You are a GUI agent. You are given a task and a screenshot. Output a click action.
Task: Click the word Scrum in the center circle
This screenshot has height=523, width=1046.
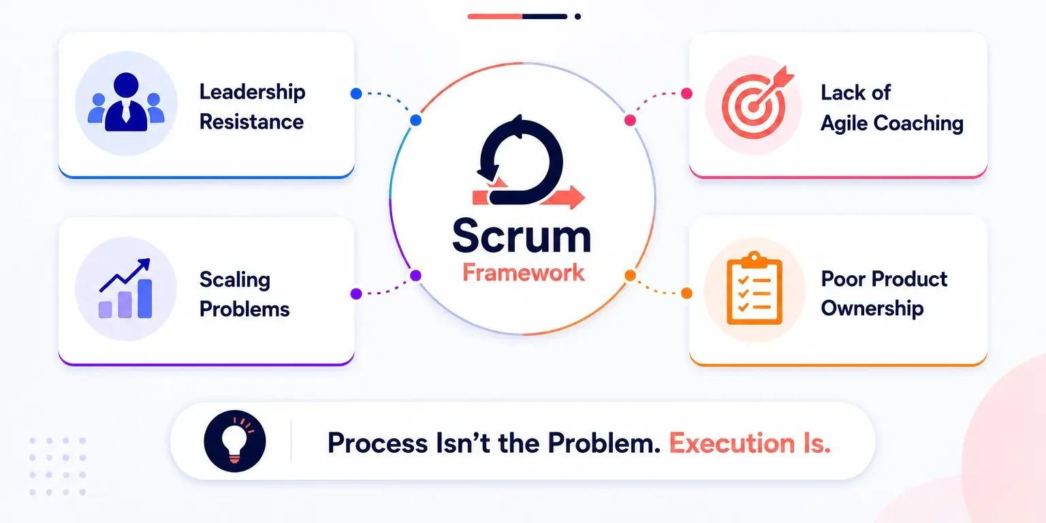click(522, 236)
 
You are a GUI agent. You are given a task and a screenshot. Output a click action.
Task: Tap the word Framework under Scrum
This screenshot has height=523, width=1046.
click(524, 272)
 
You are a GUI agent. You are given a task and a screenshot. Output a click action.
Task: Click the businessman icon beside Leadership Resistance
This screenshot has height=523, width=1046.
click(126, 102)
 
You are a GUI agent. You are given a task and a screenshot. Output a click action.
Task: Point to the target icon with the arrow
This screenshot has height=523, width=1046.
click(757, 104)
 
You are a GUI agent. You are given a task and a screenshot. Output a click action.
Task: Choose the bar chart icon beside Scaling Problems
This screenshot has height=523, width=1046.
click(125, 289)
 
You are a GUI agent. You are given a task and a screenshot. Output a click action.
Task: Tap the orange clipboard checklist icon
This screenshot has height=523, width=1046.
click(754, 288)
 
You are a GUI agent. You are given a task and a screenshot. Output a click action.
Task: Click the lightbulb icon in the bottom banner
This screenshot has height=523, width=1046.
click(235, 441)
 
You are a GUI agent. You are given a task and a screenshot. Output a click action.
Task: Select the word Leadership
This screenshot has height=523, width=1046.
click(252, 93)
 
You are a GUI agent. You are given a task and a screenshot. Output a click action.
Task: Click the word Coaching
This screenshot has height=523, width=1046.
click(919, 124)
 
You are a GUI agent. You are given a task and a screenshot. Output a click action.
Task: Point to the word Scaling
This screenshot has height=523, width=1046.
click(235, 280)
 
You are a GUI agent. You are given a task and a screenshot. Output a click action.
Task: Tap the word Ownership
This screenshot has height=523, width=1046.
click(872, 308)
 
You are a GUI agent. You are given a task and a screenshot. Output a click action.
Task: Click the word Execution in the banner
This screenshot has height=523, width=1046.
click(732, 443)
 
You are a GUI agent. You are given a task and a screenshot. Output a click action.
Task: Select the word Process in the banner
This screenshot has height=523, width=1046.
click(377, 443)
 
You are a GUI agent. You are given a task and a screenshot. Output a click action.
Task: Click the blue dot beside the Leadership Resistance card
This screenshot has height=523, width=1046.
click(356, 93)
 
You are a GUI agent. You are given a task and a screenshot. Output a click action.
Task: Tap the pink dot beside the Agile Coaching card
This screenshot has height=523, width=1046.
click(686, 93)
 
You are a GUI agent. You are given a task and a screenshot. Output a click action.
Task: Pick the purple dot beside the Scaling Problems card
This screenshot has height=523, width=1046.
click(356, 294)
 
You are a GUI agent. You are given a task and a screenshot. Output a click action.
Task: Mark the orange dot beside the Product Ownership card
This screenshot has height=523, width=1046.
click(686, 294)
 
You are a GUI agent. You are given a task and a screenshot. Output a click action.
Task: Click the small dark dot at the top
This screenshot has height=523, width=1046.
click(577, 16)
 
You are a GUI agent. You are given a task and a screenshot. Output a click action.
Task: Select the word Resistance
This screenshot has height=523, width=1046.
click(252, 123)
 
